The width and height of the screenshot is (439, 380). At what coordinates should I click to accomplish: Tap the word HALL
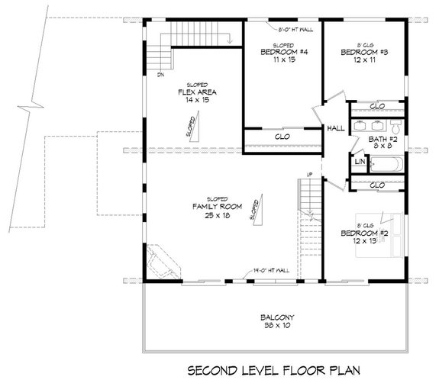335,129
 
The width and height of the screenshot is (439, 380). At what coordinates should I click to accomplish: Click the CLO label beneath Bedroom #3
376,106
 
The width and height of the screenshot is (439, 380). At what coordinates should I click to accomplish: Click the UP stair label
308,175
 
